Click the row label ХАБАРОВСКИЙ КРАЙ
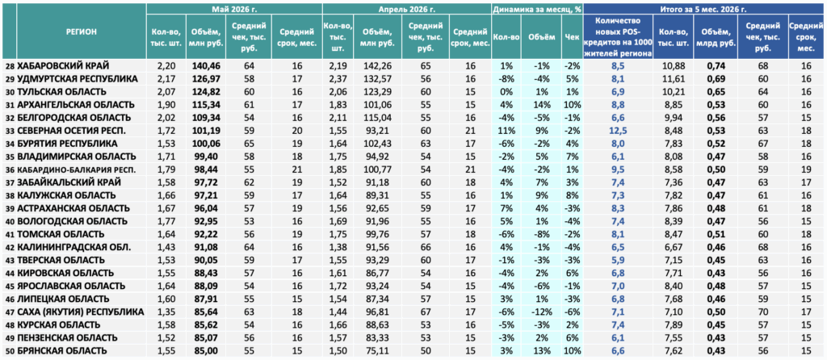[63, 66]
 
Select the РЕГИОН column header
[82, 32]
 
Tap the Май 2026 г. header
[234, 9]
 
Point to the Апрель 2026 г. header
[407, 9]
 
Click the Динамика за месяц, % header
[537, 9]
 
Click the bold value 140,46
[205, 66]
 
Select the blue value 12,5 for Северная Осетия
[618, 131]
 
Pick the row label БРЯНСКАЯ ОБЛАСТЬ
[62, 350]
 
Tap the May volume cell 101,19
[205, 131]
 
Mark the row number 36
[10, 170]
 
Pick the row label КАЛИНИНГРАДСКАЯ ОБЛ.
[66, 247]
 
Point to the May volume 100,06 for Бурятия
[205, 144]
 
